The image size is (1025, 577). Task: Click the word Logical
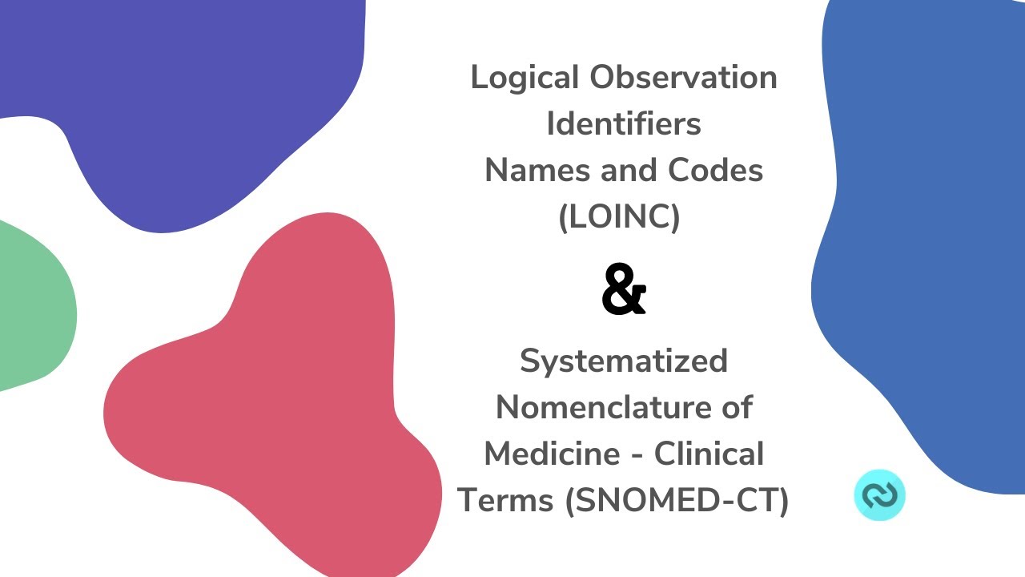click(x=525, y=79)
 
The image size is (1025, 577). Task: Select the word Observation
click(x=683, y=79)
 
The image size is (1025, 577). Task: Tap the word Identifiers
click(x=624, y=124)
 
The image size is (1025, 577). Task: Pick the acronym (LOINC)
click(x=620, y=217)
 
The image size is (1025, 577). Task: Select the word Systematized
click(x=624, y=361)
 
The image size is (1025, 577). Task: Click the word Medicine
click(x=541, y=454)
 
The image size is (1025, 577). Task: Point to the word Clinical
click(x=709, y=454)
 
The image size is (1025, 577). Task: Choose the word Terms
click(x=505, y=500)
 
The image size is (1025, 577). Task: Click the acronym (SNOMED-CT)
click(x=677, y=500)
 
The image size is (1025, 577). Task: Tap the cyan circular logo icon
click(x=879, y=494)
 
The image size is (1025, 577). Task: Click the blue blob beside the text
click(x=921, y=240)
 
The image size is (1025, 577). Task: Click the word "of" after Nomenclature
click(x=734, y=407)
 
